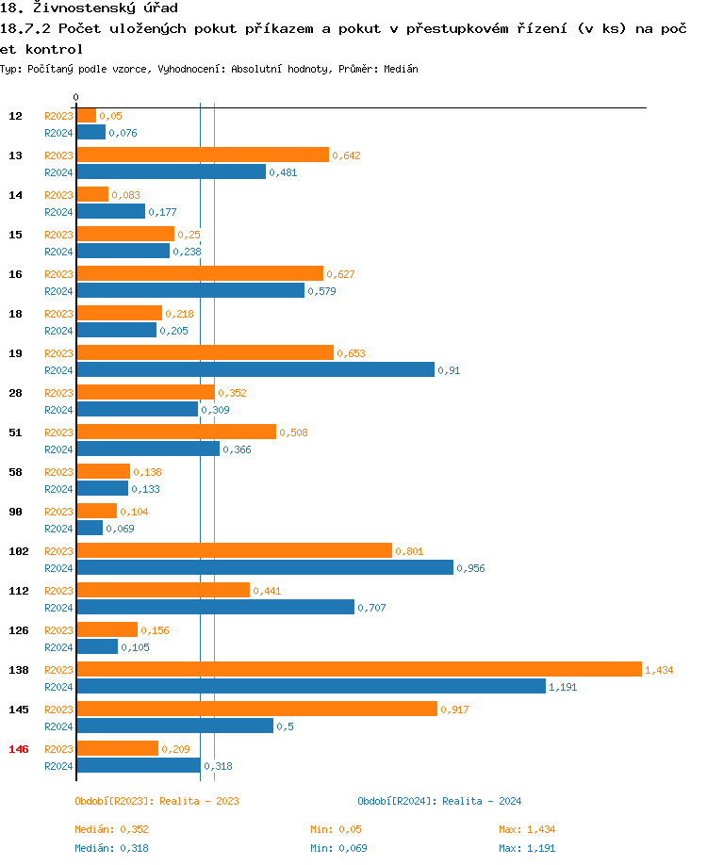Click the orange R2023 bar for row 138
[x=358, y=669]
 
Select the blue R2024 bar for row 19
[x=255, y=369]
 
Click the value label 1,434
[x=659, y=670]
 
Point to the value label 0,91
[x=449, y=370]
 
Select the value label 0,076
[x=123, y=133]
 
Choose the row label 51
[x=16, y=432]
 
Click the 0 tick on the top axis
[x=75, y=98]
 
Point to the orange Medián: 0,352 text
[x=111, y=829]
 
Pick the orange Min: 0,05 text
[x=336, y=829]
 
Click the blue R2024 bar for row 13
[x=171, y=171]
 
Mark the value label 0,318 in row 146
[x=219, y=766]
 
